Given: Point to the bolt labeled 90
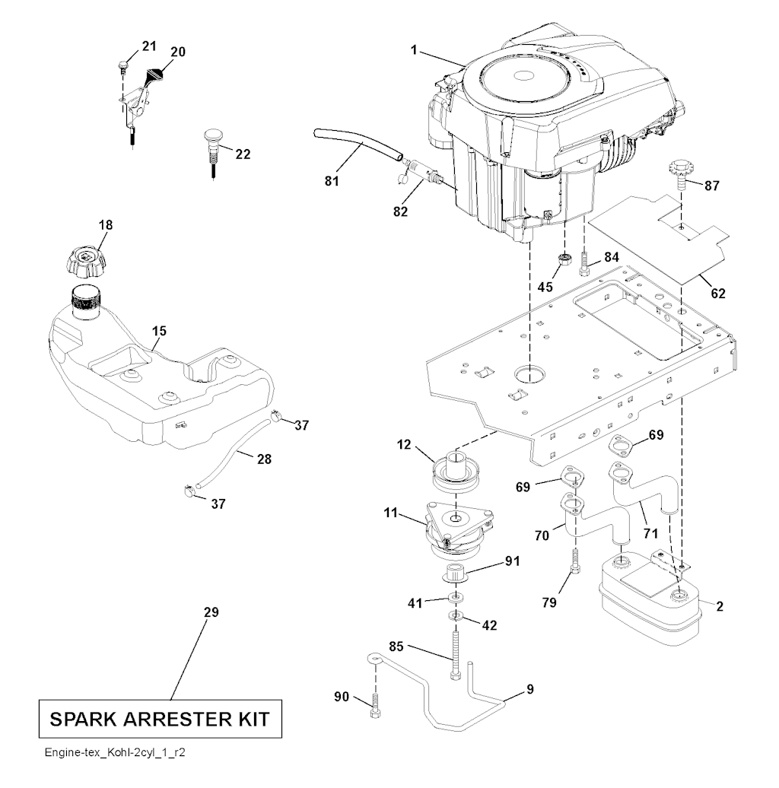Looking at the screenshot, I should point(374,704).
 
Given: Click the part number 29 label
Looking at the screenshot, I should point(211,612).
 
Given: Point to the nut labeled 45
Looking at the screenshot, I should point(565,261).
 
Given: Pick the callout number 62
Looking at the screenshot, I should point(717,293).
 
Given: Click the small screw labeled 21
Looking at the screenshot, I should point(122,67).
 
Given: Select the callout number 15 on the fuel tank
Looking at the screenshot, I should point(158,331).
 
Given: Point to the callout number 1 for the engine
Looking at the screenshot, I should point(414,50).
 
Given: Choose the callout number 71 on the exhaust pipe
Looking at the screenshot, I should point(650,534).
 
